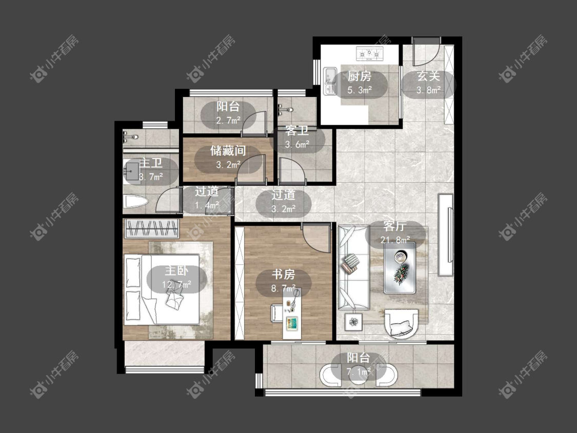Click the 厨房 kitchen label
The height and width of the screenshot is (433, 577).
(x=360, y=76)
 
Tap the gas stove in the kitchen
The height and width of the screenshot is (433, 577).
(x=369, y=54)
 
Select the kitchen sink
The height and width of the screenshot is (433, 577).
(x=330, y=81)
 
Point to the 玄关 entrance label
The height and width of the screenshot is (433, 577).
(x=429, y=76)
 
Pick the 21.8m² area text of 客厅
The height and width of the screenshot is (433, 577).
(x=395, y=240)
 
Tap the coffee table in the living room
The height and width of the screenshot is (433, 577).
(x=400, y=267)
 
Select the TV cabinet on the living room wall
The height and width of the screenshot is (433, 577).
(x=446, y=234)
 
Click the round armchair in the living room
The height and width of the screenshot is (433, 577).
(x=402, y=323)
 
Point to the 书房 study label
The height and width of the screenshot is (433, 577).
(x=283, y=274)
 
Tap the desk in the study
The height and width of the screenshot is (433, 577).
(x=292, y=313)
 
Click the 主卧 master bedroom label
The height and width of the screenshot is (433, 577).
(x=176, y=271)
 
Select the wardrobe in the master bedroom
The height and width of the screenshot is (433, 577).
(x=152, y=228)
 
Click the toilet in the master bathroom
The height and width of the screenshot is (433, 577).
(x=136, y=202)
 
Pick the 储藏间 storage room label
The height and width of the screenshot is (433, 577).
(x=228, y=151)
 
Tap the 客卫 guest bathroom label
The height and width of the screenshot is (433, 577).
(x=297, y=131)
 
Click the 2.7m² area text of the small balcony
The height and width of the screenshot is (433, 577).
(x=228, y=121)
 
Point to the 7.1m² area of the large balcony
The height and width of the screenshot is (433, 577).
(x=359, y=371)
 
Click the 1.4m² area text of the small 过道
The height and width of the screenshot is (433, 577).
(x=207, y=205)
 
